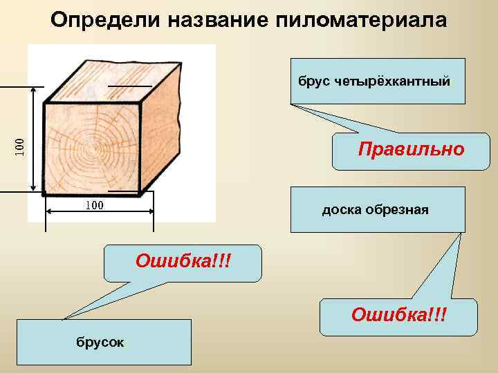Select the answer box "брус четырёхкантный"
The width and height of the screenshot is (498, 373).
coord(378,82)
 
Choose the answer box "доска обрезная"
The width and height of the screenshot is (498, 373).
coord(378,209)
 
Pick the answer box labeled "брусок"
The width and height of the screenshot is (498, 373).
coord(104,342)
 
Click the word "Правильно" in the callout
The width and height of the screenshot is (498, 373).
coord(411,149)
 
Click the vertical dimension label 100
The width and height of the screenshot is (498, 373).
coord(20,145)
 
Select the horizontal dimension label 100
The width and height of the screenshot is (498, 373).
coord(93,205)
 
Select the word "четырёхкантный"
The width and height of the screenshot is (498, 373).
coord(392,82)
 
